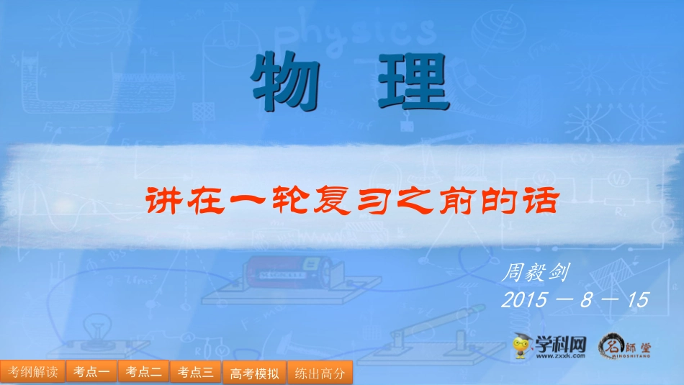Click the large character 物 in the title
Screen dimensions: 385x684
[x=285, y=81]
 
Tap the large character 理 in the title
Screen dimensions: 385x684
[x=413, y=81]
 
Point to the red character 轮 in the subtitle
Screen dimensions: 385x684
[x=287, y=200]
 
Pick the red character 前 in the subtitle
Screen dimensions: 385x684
[x=456, y=200]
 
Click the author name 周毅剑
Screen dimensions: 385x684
[x=539, y=273]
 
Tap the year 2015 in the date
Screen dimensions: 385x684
[x=528, y=299]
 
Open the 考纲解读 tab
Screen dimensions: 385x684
[x=33, y=372]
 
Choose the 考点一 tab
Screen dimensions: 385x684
[x=91, y=372]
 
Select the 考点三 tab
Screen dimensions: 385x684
[x=196, y=372]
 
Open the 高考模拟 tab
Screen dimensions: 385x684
[x=254, y=373]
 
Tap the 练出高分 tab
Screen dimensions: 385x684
[x=320, y=373]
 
